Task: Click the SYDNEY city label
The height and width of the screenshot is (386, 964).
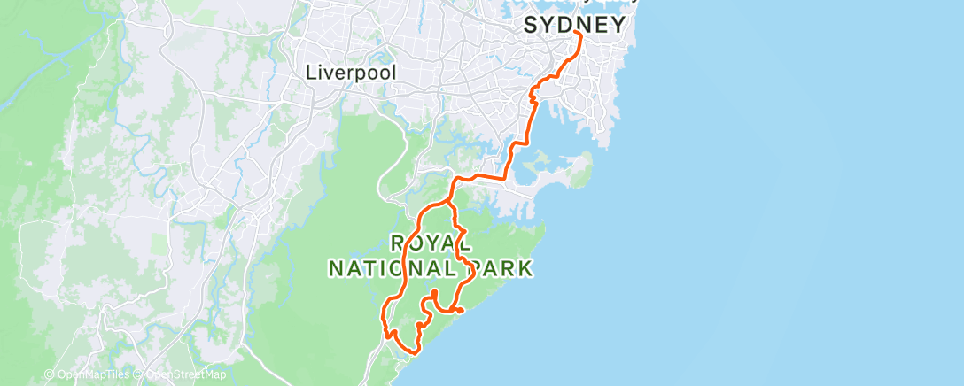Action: [x=575, y=25]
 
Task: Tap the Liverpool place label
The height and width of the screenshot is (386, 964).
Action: [x=352, y=73]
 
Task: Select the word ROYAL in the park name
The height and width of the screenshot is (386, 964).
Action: [x=431, y=243]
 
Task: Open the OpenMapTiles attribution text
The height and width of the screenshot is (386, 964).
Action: [x=90, y=374]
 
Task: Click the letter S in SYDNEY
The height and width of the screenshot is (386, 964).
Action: [x=532, y=26]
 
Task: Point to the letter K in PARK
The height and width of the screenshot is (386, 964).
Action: [x=525, y=267]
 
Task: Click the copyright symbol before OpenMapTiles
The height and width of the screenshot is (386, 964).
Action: [x=50, y=374]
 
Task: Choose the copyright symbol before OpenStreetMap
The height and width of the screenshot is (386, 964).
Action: [x=140, y=374]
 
